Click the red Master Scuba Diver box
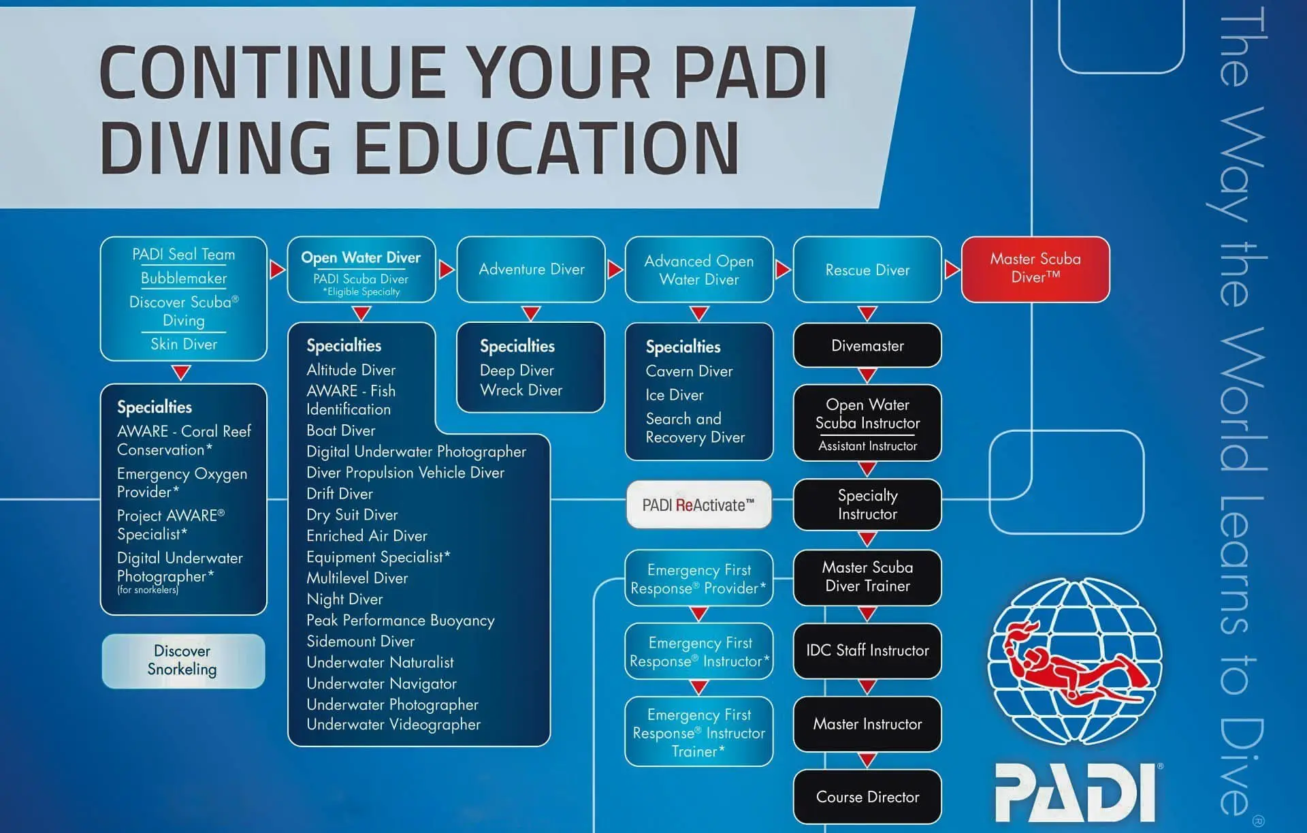[x=1035, y=269]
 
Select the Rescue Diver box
[x=867, y=270]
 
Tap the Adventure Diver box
[x=531, y=269]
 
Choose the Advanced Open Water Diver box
[x=699, y=270]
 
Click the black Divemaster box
[x=867, y=345]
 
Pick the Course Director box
[x=867, y=797]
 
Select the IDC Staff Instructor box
[x=867, y=650]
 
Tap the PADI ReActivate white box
[x=699, y=505]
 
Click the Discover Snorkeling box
[x=183, y=661]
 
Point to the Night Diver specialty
[x=344, y=599]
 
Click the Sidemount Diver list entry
[x=360, y=642]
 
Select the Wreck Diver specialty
[x=521, y=390]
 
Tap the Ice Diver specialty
[x=675, y=395]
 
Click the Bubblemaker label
[x=184, y=278]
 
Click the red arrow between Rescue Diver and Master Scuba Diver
[x=952, y=270]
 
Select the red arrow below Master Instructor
[x=867, y=760]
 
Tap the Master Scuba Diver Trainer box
[x=867, y=577]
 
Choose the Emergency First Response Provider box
[x=699, y=578]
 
